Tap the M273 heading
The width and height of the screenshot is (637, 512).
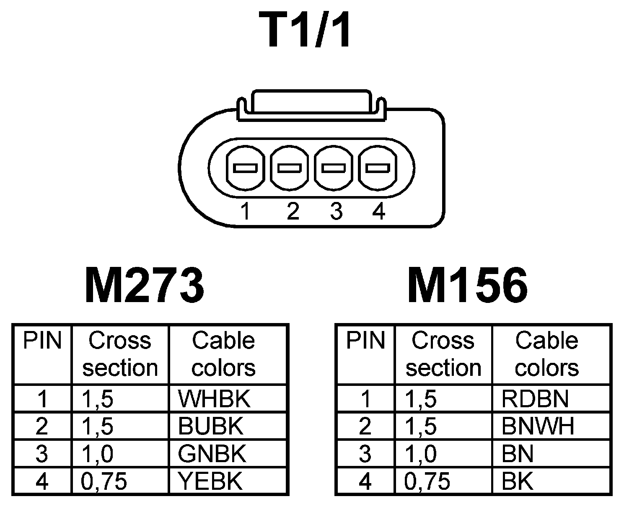[x=144, y=286]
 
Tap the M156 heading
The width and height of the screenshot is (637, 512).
[x=467, y=286]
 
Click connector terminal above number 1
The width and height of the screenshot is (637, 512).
[x=245, y=168]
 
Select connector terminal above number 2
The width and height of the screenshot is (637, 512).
[x=290, y=168]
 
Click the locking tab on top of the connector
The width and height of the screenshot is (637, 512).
[x=311, y=102]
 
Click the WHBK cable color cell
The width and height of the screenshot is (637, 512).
[x=214, y=399]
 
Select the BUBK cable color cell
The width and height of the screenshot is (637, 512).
[x=210, y=426]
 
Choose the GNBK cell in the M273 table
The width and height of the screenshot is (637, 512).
[x=212, y=454]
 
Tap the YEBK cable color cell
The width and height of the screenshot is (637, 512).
[x=210, y=481]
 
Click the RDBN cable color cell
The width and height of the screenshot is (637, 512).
[x=535, y=399]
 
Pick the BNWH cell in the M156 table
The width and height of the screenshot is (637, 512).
[x=538, y=426]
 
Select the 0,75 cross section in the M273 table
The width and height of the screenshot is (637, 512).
[x=104, y=481]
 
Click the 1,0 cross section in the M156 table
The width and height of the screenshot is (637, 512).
[x=421, y=454]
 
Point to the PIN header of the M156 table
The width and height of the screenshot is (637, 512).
[x=365, y=340]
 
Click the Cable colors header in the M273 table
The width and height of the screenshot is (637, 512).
[x=223, y=354]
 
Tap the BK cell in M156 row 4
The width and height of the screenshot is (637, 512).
[x=518, y=481]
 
